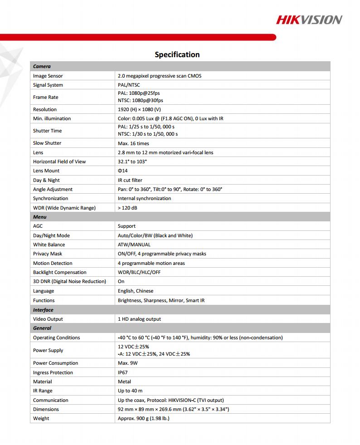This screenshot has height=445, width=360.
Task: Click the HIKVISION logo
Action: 309,19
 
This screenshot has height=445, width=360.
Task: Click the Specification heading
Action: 177,54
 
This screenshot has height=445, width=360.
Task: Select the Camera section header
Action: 42,67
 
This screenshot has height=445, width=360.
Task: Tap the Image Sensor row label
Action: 48,76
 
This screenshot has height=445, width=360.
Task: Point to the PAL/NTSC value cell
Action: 129,85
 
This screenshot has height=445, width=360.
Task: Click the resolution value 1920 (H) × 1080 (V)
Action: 139,109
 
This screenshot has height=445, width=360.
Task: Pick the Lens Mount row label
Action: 46,171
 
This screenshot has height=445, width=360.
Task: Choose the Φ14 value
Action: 122,171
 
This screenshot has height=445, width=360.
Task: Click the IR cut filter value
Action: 130,180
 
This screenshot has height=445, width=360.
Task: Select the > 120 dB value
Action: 127,208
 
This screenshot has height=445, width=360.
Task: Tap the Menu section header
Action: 40,217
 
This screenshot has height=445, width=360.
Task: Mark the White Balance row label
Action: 49,245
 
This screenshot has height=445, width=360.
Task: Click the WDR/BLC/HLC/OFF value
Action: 139,272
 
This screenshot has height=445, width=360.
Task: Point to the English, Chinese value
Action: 136,291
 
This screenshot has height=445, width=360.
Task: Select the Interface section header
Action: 43,310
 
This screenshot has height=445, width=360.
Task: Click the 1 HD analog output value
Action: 139,319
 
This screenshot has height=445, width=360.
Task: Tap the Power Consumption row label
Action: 55,363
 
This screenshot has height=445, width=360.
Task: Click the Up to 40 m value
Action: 130,391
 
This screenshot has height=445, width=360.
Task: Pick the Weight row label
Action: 41,418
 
